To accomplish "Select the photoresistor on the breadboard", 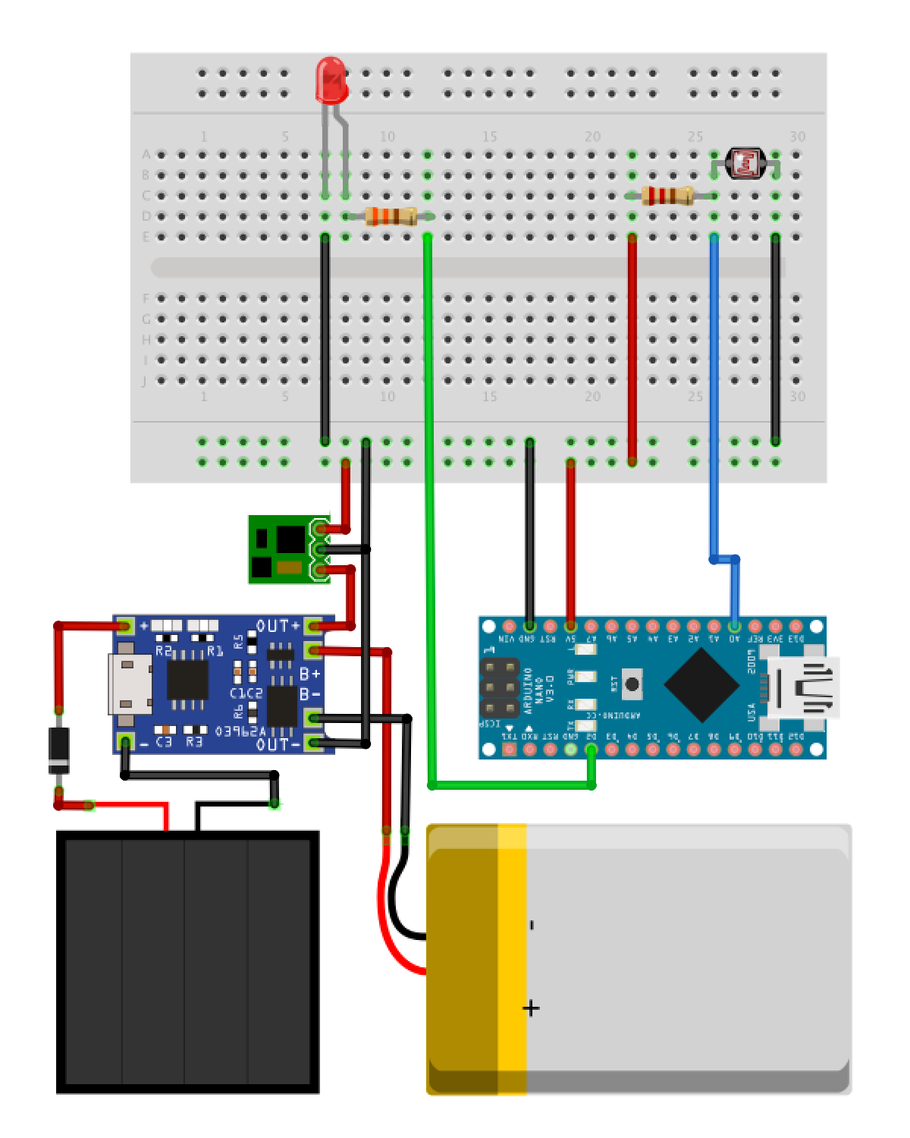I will (744, 163).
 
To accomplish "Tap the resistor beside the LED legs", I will (391, 216).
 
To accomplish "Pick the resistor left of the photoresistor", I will (667, 196).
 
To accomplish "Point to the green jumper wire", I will (428, 493).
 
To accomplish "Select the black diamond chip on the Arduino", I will (701, 685).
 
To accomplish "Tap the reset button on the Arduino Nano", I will (631, 684).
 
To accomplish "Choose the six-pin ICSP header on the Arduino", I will (499, 689).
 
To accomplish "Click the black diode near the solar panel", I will (58, 750).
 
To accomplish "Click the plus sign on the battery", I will (531, 1008).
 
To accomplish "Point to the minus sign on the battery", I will (532, 925).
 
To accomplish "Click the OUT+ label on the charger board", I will (278, 626).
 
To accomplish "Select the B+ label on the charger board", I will (309, 674).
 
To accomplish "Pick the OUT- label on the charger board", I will (278, 744).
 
